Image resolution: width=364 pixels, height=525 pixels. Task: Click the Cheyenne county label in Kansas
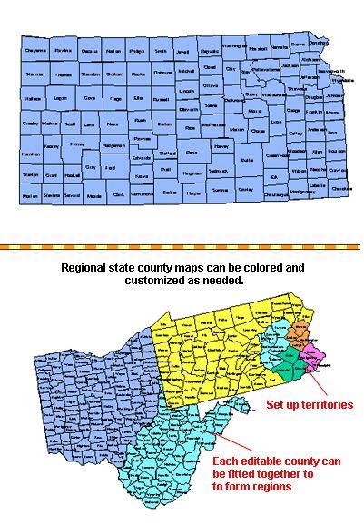click(36, 51)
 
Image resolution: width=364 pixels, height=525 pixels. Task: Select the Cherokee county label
click(341, 187)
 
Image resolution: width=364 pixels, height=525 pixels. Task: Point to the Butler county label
click(247, 159)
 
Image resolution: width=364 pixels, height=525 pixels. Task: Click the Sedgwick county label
click(217, 170)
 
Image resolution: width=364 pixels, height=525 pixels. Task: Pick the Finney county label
click(77, 144)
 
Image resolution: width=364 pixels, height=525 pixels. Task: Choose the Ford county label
click(110, 168)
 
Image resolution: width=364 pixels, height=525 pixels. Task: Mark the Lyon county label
click(276, 119)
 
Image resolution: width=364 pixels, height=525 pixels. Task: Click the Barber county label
click(169, 193)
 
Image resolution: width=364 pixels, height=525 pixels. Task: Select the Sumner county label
click(220, 191)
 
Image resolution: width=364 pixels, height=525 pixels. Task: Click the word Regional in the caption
click(84, 269)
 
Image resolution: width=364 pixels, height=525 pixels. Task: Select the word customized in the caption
click(136, 282)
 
